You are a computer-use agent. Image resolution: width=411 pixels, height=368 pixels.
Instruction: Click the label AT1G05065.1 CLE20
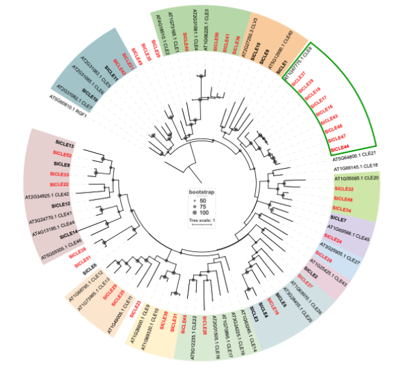(x=356, y=178)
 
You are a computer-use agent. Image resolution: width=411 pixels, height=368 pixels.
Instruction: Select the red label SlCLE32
(x=343, y=188)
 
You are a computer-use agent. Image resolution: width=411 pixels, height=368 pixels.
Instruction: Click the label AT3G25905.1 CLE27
(x=335, y=252)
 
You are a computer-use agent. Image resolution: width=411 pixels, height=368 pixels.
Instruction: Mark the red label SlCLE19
(x=273, y=308)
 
